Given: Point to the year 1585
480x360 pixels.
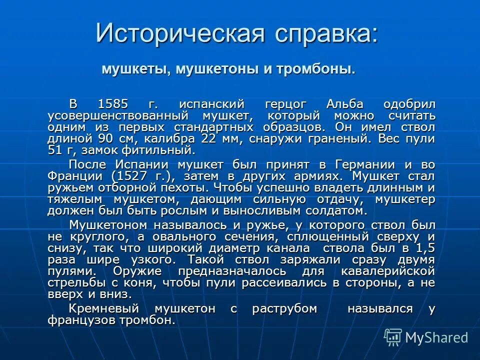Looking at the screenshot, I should pos(113,104).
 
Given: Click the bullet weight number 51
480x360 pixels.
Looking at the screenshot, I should pos(54,150).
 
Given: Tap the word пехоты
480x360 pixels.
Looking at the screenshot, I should pos(182,187).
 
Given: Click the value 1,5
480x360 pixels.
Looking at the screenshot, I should pos(425,248).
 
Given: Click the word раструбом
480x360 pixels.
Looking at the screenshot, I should pos(284,308).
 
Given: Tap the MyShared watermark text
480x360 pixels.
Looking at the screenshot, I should pos(436,337).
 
